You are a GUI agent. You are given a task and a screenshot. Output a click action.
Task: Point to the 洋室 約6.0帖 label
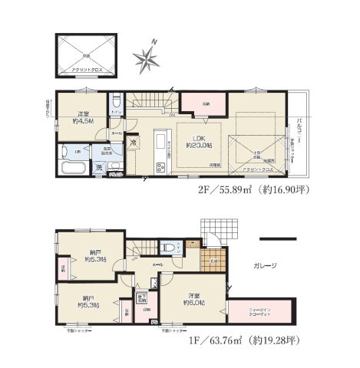coord(192,299)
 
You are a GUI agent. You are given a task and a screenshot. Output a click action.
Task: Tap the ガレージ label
coord(263,265)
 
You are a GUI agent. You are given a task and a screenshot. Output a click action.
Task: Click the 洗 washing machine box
coord(100,168)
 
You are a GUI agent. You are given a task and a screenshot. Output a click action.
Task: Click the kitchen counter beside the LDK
coord(159,149)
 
